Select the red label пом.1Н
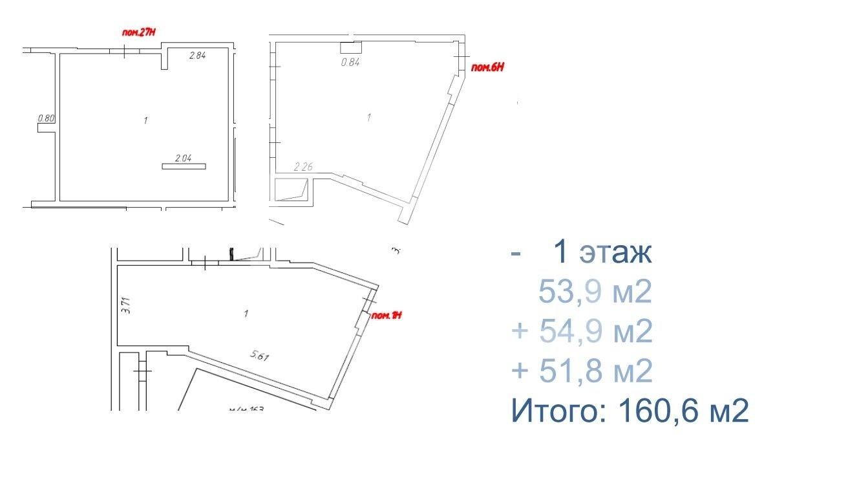(388, 316)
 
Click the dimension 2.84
(197, 56)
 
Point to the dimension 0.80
(45, 118)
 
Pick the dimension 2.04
(184, 157)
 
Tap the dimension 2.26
(303, 167)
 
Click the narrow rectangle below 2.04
(184, 167)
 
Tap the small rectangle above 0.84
(350, 47)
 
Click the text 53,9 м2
(595, 294)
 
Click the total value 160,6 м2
(684, 411)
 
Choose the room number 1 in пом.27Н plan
(147, 120)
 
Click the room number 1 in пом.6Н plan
(369, 118)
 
